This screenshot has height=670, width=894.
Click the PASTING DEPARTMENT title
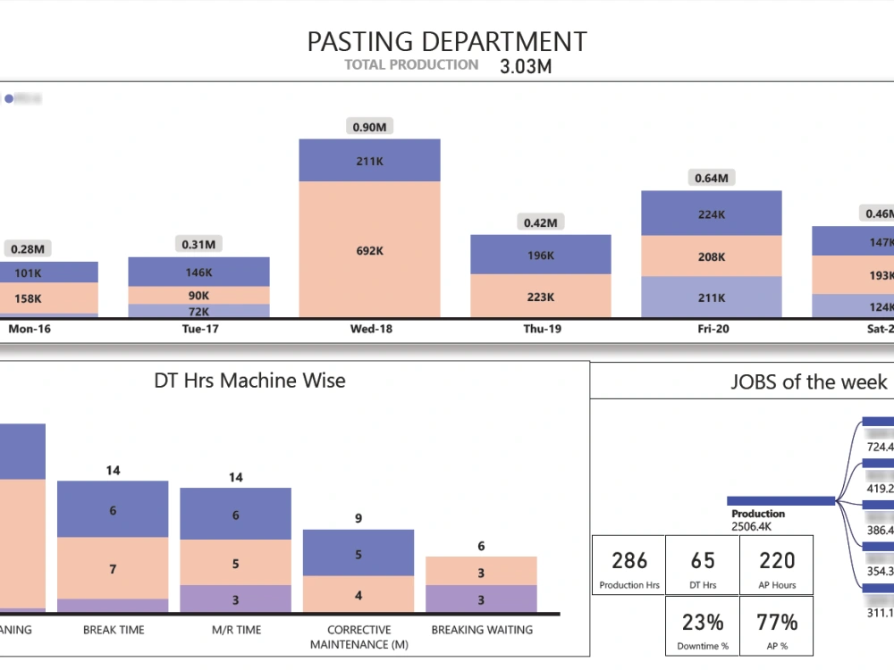pyautogui.click(x=447, y=41)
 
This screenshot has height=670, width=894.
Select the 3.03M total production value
pyautogui.click(x=526, y=67)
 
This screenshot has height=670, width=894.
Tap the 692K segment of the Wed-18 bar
pyautogui.click(x=369, y=251)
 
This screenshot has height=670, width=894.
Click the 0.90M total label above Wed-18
pyautogui.click(x=369, y=127)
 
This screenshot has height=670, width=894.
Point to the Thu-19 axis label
pyautogui.click(x=542, y=329)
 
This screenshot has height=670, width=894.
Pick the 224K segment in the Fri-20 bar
pyautogui.click(x=712, y=214)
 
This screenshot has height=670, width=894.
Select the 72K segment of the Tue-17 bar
pyautogui.click(x=198, y=311)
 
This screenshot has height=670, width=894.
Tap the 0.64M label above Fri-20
pyautogui.click(x=712, y=178)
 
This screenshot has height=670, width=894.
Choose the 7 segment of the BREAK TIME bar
pyautogui.click(x=113, y=568)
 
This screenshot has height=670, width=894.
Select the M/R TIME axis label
pyautogui.click(x=235, y=630)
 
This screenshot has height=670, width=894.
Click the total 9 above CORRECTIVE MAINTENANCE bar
pyautogui.click(x=358, y=517)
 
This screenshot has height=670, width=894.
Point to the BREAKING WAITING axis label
pyautogui.click(x=481, y=630)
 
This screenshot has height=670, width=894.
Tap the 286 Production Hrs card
pyautogui.click(x=628, y=570)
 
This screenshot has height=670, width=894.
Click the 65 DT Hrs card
pyautogui.click(x=703, y=570)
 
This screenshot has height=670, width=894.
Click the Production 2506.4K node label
pyautogui.click(x=758, y=520)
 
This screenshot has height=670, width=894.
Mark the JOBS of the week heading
pyautogui.click(x=808, y=382)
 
